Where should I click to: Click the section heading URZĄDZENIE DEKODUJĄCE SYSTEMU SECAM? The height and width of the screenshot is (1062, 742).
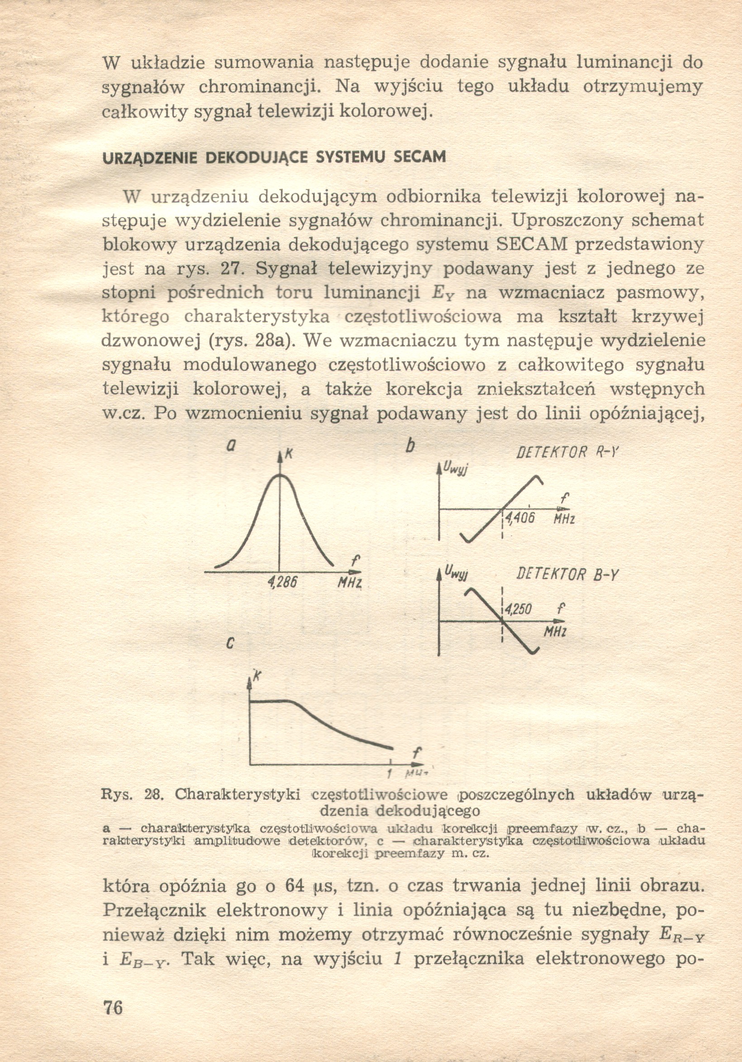click(274, 157)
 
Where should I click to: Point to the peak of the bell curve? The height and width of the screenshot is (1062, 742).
click(280, 475)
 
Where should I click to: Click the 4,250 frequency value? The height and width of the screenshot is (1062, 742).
click(518, 610)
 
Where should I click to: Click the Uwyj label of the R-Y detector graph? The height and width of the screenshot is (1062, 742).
click(456, 468)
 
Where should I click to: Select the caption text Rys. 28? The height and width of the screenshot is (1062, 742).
click(129, 794)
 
